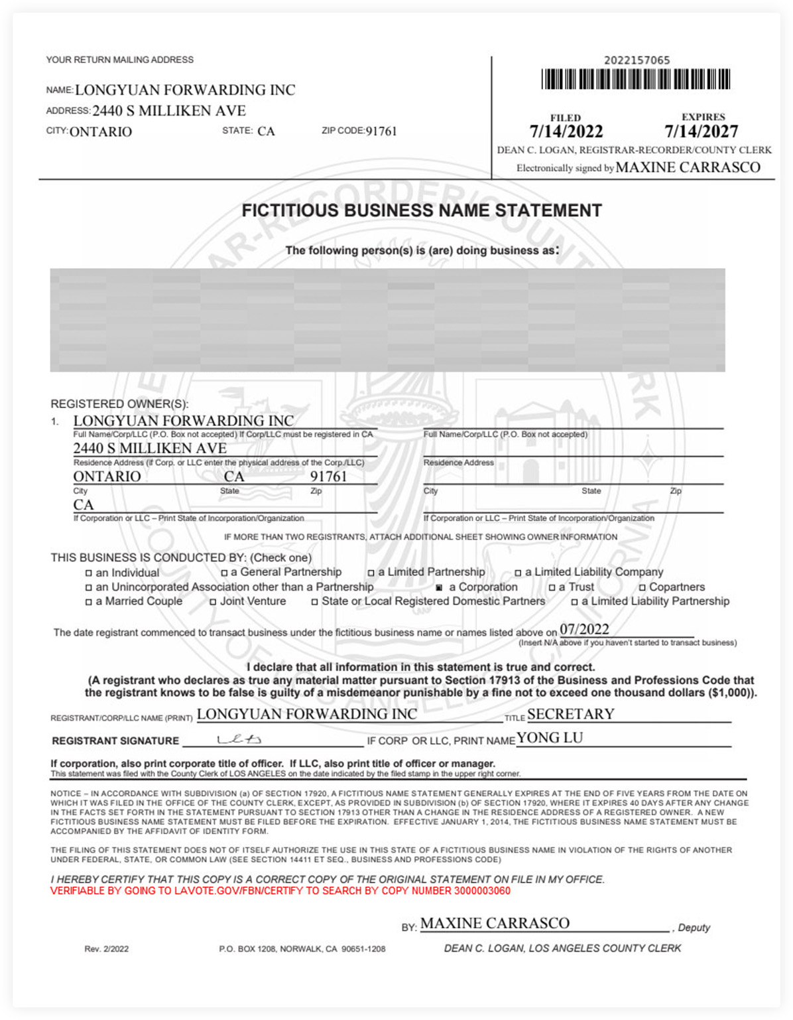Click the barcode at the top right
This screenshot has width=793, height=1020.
pos(636,80)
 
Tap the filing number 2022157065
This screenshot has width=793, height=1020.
pos(637,60)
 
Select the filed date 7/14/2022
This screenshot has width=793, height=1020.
pos(566,131)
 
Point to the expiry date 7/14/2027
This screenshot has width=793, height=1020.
pos(701,131)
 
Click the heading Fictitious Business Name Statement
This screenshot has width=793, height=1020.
pos(422,210)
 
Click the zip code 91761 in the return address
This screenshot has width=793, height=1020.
pos(381,131)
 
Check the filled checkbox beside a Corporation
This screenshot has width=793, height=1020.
pos(439,588)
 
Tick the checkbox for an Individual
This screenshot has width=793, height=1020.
pos(88,573)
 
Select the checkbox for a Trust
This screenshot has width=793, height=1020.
pos(552,588)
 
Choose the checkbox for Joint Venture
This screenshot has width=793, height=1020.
pos(213,603)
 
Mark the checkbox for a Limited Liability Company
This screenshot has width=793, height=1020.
pos(518,573)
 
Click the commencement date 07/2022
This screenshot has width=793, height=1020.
pos(584,629)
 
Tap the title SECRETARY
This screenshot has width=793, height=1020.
pos(570,714)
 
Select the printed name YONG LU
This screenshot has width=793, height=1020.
pos(550,738)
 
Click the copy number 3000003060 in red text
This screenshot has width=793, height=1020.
pos(482,891)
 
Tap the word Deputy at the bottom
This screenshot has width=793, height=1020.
pos(694,928)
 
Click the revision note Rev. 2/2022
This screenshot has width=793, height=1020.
pos(106,949)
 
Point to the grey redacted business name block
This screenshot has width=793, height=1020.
pos(387,320)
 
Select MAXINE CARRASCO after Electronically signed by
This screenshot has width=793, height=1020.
pos(688,167)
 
